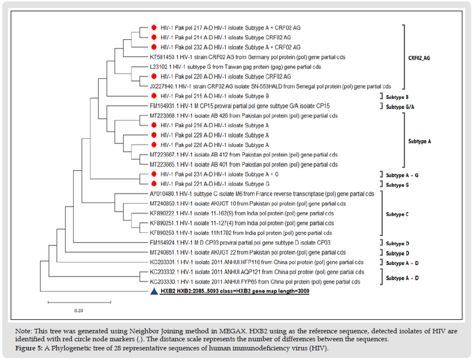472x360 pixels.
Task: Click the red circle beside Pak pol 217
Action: coord(154,27)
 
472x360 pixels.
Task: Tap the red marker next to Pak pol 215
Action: coord(154,96)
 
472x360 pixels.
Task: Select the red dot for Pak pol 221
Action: coord(154,184)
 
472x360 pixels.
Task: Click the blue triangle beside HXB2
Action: coord(153,291)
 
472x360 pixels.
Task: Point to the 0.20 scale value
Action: coord(78,310)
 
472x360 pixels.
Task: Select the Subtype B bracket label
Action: coord(402,96)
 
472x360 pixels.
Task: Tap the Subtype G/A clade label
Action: coord(404,107)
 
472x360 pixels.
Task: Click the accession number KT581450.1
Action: coord(162,57)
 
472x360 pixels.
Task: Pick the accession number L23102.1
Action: coord(161,66)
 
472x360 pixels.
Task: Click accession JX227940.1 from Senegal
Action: coord(162,86)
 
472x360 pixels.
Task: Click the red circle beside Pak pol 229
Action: coord(154,135)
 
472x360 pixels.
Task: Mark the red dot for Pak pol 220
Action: coord(154,76)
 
